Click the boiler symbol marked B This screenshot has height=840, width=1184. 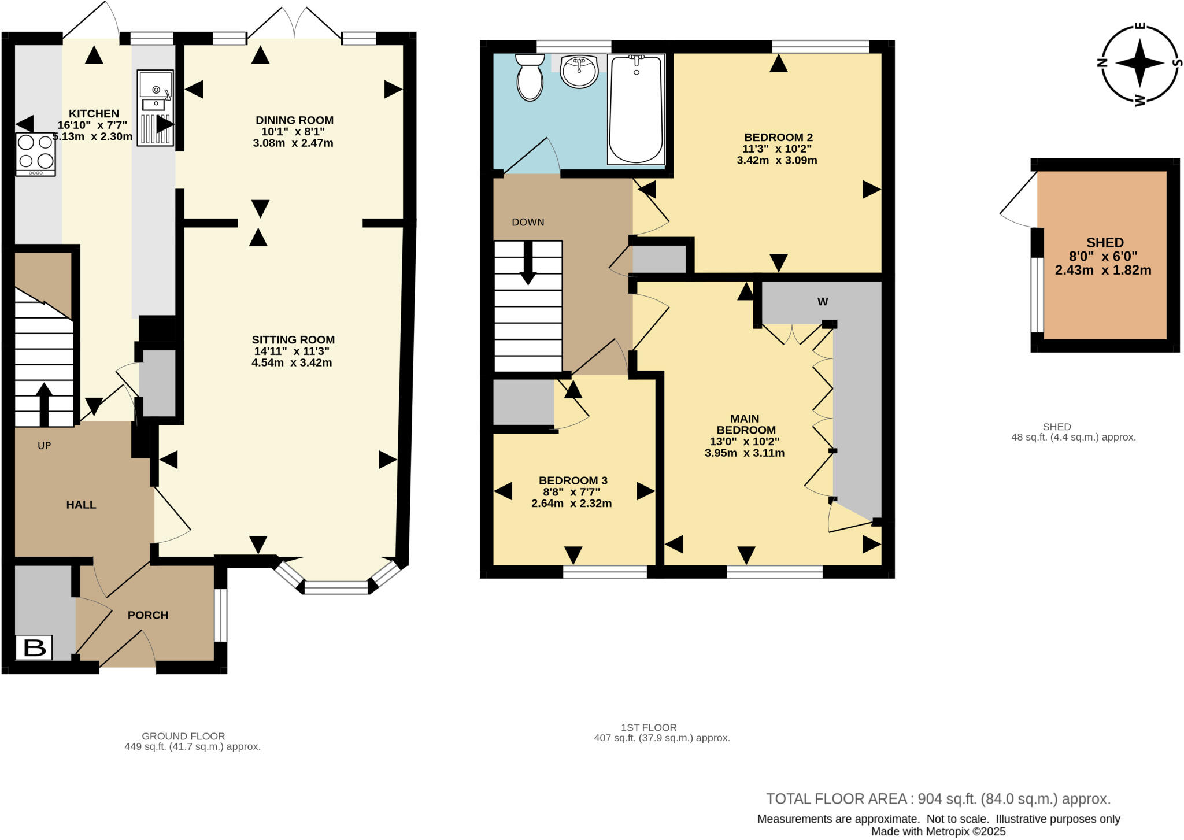click(34, 647)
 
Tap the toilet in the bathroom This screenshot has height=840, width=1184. click(530, 78)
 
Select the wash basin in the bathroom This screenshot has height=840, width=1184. click(579, 72)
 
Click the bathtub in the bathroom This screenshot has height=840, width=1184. click(636, 109)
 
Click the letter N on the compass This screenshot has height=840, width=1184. click(1102, 64)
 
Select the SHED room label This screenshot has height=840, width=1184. click(1105, 243)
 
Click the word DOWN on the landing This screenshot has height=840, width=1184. click(528, 223)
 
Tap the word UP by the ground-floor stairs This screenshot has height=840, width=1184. click(45, 446)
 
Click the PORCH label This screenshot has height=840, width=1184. click(148, 615)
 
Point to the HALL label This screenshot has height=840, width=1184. click(81, 505)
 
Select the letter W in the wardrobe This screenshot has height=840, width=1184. click(822, 302)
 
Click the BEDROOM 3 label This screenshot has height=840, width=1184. click(572, 480)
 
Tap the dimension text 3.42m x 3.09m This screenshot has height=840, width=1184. click(776, 161)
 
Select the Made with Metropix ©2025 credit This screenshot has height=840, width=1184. click(938, 831)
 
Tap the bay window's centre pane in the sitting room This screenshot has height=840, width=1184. click(336, 589)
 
